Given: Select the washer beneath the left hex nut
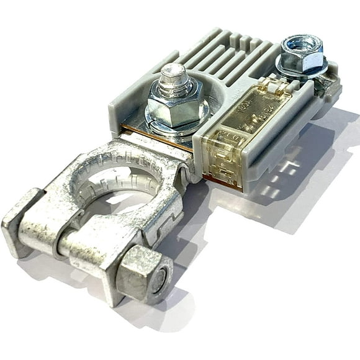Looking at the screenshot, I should coord(177,124).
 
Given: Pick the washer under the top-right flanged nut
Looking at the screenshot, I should coord(302,70).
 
